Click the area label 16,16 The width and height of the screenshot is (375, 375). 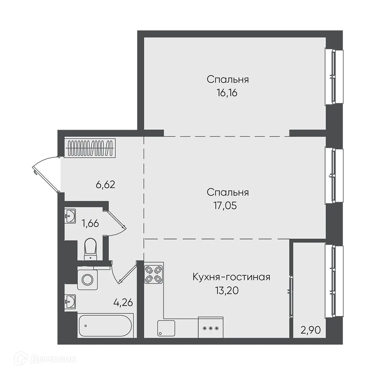click(227, 93)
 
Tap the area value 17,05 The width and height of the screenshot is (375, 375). click(227, 205)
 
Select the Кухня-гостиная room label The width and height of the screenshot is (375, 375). click(231, 277)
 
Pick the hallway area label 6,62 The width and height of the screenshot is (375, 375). click(105, 184)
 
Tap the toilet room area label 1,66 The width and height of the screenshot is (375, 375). click(90, 224)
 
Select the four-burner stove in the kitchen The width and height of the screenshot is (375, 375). click(154, 273)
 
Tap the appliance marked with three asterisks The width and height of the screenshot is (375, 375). click(210, 328)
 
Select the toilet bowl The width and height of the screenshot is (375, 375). click(90, 248)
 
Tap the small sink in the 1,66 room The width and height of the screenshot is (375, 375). click(70, 216)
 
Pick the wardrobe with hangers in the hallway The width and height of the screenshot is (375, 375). click(90, 148)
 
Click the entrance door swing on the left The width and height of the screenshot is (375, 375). click(45, 174)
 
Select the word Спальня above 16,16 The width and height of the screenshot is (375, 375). click(227, 79)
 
